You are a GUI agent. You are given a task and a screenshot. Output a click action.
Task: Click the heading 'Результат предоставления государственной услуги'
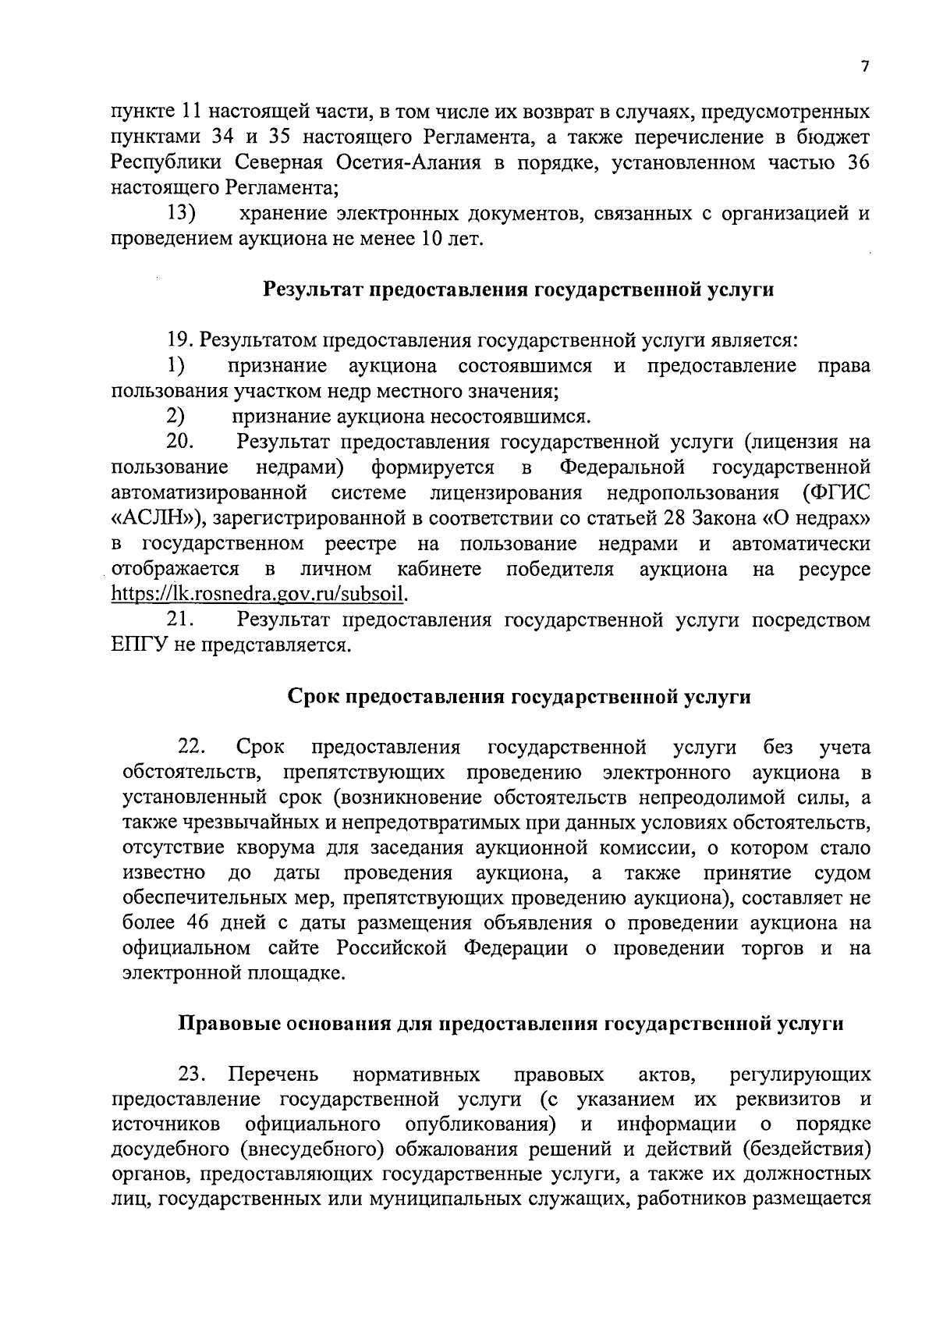point(519,290)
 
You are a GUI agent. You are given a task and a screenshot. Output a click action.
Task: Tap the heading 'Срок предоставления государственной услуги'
point(519,697)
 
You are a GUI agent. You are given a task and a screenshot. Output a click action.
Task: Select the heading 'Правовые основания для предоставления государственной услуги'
point(512,1023)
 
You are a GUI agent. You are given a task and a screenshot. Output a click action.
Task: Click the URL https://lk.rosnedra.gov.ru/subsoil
point(260,595)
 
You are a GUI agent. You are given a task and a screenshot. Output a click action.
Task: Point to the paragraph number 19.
point(182,341)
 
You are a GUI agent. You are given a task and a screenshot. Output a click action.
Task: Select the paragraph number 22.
point(192,748)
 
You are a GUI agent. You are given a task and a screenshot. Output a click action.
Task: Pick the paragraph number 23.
point(192,1075)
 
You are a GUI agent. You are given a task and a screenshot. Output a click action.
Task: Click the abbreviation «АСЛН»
point(157,519)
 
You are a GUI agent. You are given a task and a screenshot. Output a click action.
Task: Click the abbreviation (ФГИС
point(836,493)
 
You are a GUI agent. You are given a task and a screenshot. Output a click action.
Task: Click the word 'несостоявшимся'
point(501,417)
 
